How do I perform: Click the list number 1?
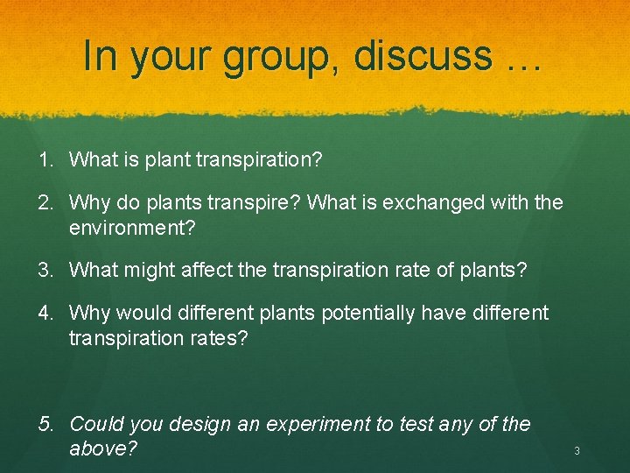(x=45, y=159)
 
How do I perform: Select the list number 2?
(x=45, y=203)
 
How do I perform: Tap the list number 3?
(x=45, y=269)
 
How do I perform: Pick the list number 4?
(x=45, y=313)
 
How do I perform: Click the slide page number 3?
(x=577, y=451)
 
